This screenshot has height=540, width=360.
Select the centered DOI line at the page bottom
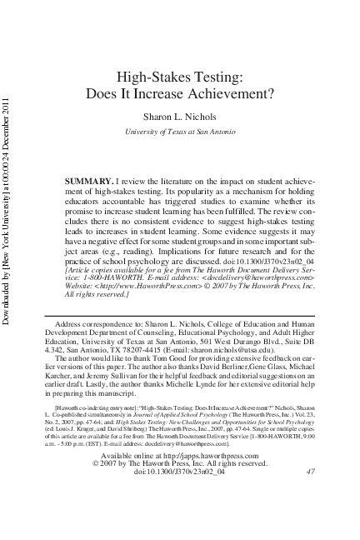point(179,495)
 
